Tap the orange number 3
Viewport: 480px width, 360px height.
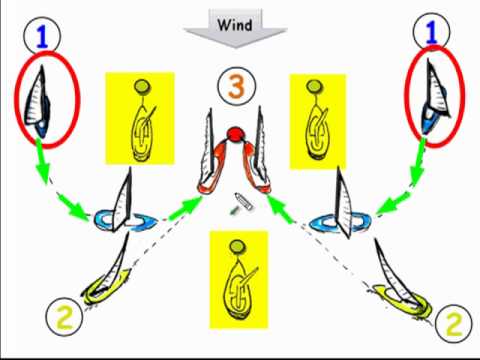pos(236,86)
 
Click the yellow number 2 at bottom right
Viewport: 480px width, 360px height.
pos(453,322)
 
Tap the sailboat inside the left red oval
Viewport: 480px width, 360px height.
pos(40,101)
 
